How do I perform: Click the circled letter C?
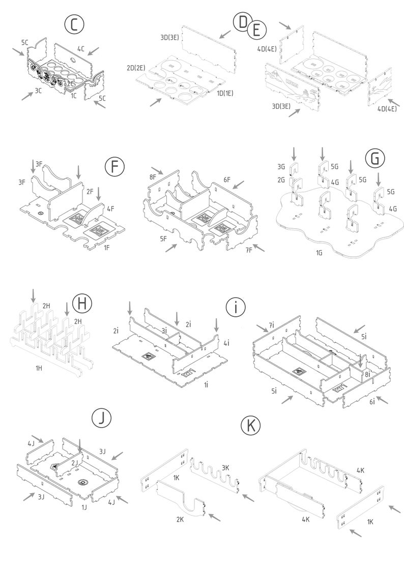tap(74, 25)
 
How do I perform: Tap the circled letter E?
tap(256, 30)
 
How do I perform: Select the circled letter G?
tap(375, 159)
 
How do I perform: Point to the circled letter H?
tap(82, 304)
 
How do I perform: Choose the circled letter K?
tap(251, 425)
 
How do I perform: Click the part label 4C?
tap(81, 48)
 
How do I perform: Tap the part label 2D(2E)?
tap(136, 68)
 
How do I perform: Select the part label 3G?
tap(281, 167)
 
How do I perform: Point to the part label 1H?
tap(39, 368)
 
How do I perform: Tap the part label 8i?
tap(367, 374)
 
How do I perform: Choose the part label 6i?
tap(372, 401)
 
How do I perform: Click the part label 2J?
tap(74, 463)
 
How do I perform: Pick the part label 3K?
tap(225, 468)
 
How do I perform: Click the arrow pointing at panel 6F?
tap(239, 185)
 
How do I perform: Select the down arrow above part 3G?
tap(294, 154)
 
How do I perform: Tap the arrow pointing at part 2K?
tap(214, 517)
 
